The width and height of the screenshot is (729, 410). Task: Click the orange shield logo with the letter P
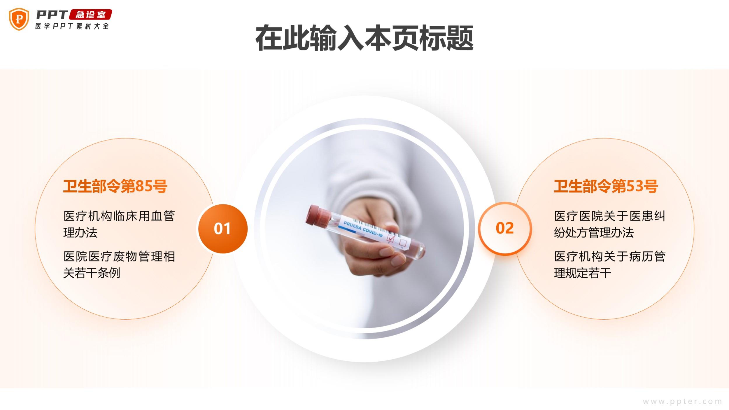[19, 19]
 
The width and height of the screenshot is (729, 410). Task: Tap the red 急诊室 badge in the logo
[90, 15]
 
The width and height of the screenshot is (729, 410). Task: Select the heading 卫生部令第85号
[115, 186]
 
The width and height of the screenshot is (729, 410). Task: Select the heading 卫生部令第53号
[606, 186]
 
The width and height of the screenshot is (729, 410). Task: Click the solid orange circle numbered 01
[223, 228]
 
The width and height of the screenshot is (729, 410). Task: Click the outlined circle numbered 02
[505, 228]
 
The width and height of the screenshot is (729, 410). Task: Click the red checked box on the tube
[390, 239]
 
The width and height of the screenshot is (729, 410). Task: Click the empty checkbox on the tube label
[403, 243]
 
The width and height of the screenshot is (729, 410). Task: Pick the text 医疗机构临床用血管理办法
[119, 224]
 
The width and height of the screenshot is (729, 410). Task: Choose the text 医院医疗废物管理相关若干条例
[119, 265]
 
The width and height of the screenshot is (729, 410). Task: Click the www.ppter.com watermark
[682, 402]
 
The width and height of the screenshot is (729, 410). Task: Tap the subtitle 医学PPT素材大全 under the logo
[72, 26]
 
